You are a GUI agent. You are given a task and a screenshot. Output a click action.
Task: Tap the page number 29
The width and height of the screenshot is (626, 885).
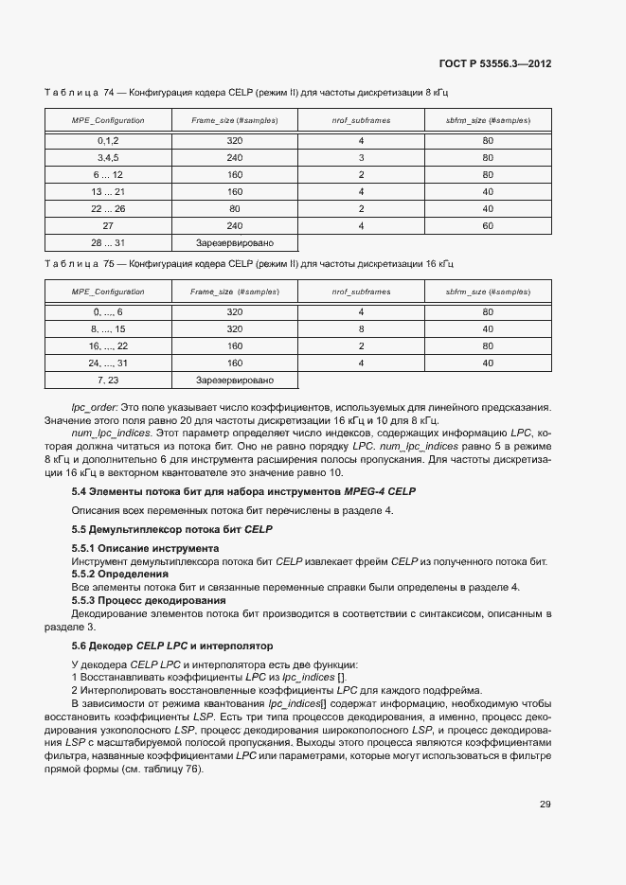pos(545,805)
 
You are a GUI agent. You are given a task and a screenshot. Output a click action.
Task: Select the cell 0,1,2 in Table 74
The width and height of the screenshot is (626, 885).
pos(107,140)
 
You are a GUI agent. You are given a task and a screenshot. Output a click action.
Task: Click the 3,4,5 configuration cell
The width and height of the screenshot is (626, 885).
pos(107,157)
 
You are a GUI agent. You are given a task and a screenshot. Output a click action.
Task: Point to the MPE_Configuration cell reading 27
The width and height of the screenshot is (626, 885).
pos(107,225)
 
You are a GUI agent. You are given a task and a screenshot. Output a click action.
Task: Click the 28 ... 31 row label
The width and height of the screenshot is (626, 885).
pos(107,242)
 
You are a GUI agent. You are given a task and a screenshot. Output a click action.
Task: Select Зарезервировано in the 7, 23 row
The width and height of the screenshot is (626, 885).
pos(234,380)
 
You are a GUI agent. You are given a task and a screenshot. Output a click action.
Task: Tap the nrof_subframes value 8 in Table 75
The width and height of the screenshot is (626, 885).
pos(361,328)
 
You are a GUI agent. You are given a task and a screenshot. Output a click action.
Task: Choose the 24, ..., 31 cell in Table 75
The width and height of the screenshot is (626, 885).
pos(107,363)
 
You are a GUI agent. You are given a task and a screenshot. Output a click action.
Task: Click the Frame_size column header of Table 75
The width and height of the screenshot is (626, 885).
pos(234,292)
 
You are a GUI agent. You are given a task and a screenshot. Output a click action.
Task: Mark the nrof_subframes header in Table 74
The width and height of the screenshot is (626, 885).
pos(361,120)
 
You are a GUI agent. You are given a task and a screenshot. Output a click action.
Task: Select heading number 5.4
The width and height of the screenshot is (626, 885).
pos(80,492)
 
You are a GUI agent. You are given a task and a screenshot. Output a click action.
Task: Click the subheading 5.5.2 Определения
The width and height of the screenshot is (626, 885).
pos(120,574)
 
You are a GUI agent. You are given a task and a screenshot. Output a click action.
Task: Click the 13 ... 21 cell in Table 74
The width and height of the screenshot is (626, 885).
pos(107,191)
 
